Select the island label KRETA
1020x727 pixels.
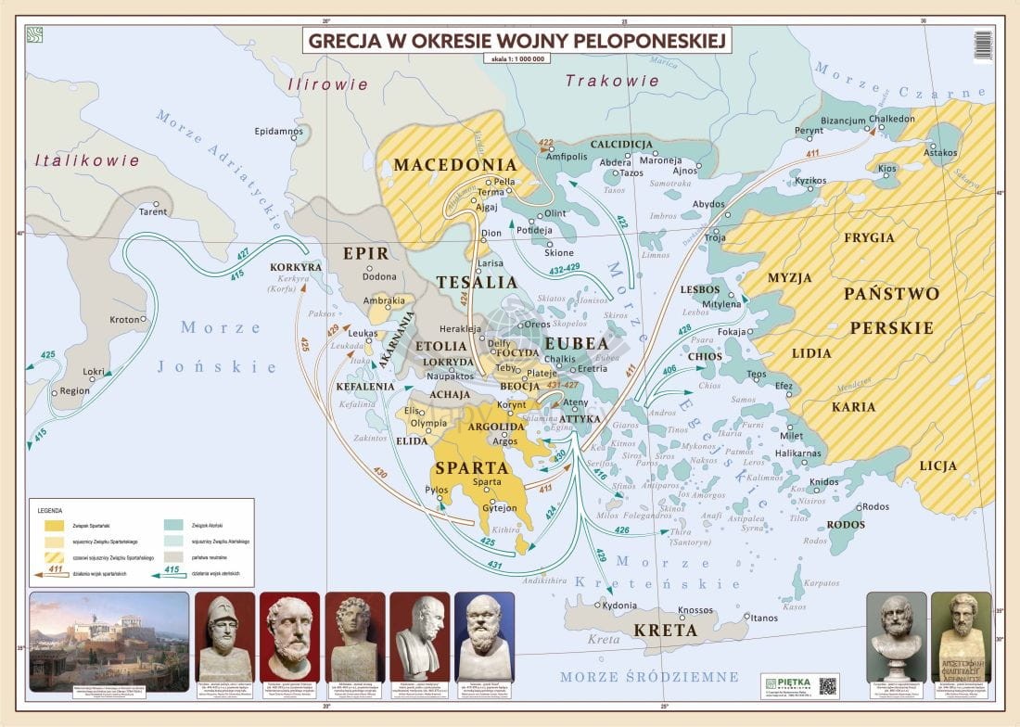(664, 631)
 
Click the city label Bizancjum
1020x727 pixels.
(844, 121)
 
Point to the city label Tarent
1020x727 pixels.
(153, 212)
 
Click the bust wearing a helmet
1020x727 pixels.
(224, 636)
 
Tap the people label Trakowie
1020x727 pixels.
(612, 81)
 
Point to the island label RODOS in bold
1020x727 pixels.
(845, 525)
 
